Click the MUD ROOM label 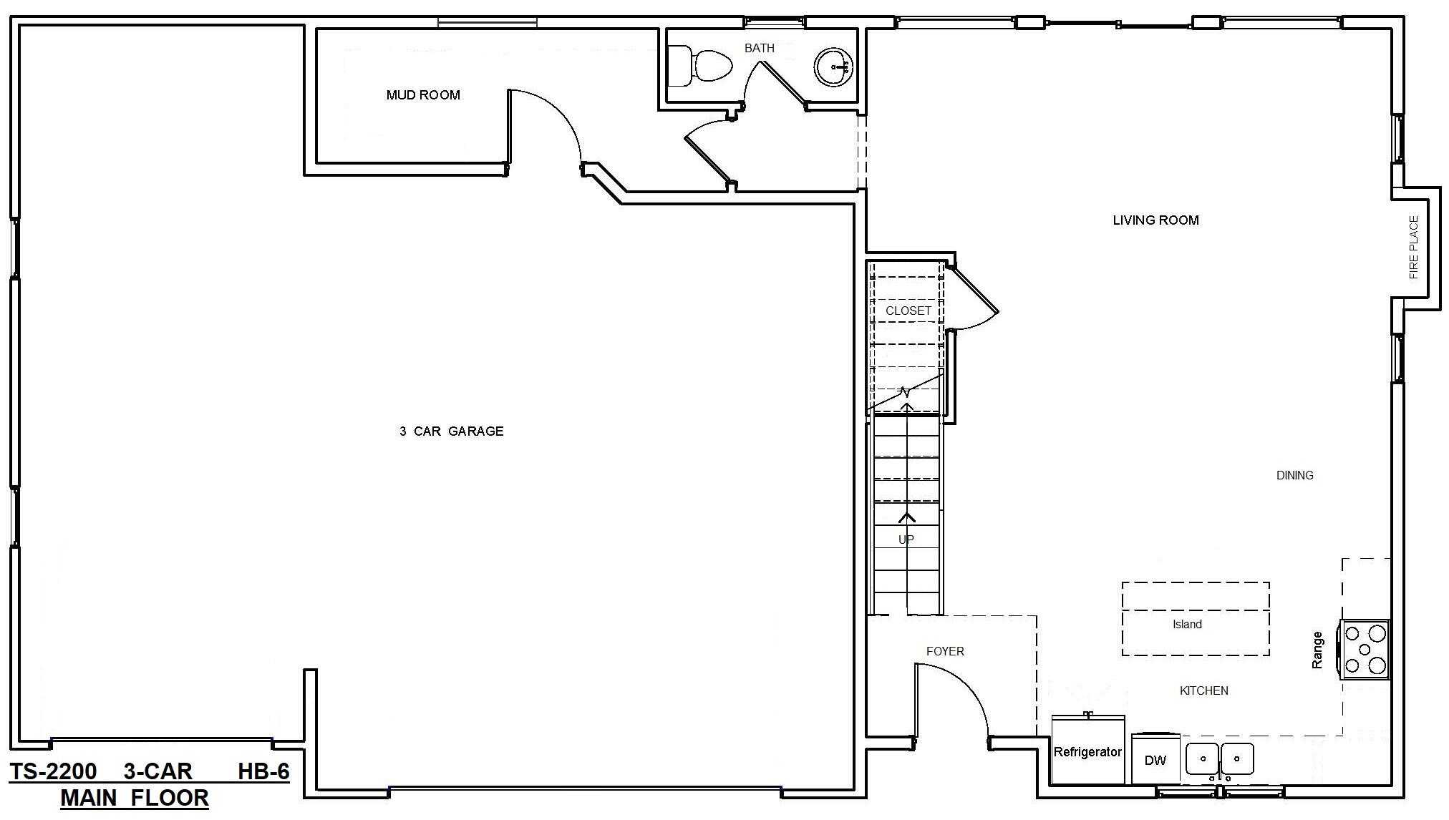pyautogui.click(x=422, y=95)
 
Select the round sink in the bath pyautogui.click(x=833, y=67)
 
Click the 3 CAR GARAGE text pyautogui.click(x=451, y=431)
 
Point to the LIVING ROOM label pyautogui.click(x=1155, y=220)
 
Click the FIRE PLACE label pyautogui.click(x=1413, y=248)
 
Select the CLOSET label pyautogui.click(x=908, y=311)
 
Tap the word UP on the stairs pyautogui.click(x=906, y=540)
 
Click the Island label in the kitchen pyautogui.click(x=1186, y=625)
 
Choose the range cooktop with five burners pyautogui.click(x=1365, y=649)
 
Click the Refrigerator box pyautogui.click(x=1087, y=751)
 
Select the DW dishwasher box pyautogui.click(x=1155, y=760)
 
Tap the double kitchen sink pyautogui.click(x=1219, y=759)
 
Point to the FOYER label pyautogui.click(x=944, y=651)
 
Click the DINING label pyautogui.click(x=1294, y=475)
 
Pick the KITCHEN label pyautogui.click(x=1203, y=690)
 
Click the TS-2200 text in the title pyautogui.click(x=53, y=771)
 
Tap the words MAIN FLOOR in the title pyautogui.click(x=135, y=798)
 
